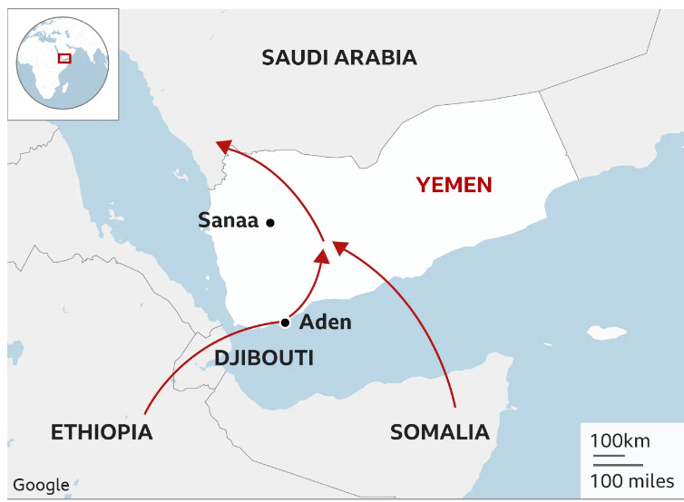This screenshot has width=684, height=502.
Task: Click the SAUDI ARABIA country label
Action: pos(339,58)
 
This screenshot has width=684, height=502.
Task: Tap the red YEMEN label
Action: pos(454,185)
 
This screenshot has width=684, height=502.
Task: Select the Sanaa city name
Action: pos(228,220)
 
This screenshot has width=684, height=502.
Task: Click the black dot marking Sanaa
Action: pos(270,222)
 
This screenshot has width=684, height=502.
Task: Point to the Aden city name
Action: pos(325,322)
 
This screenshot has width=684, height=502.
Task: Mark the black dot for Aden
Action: pos(285,323)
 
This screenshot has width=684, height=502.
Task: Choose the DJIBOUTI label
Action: pos(264,358)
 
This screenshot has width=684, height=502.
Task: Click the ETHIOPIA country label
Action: pos(102,431)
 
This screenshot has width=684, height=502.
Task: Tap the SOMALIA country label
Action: pos(439,431)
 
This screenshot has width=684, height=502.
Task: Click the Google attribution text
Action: pos(41,485)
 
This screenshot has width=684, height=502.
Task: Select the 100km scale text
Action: pos(620,441)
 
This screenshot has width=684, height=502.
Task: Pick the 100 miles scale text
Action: pos(631,479)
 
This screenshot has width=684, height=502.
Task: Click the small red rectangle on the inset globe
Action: pos(64,58)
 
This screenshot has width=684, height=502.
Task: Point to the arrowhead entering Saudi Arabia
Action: pos(223,145)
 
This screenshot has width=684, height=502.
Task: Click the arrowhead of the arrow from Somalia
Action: pos(340,246)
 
